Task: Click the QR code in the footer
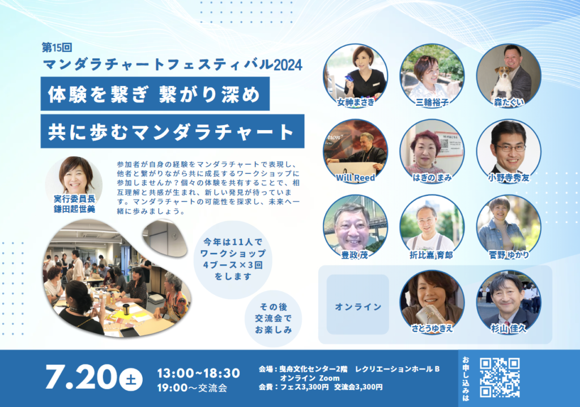pyautogui.click(x=500, y=378)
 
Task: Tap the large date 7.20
pyautogui.click(x=81, y=377)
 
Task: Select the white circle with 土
pyautogui.click(x=131, y=379)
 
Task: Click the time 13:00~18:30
pyautogui.click(x=199, y=373)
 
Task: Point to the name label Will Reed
pyautogui.click(x=356, y=178)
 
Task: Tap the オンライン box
pyautogui.click(x=358, y=304)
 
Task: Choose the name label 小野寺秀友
pyautogui.click(x=509, y=178)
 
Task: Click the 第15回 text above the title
pyautogui.click(x=57, y=48)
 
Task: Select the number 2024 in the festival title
pyautogui.click(x=288, y=65)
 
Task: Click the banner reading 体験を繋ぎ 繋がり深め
pyautogui.click(x=155, y=93)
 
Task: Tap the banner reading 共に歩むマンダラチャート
pyautogui.click(x=172, y=131)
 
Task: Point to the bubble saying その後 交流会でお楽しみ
pyautogui.click(x=274, y=318)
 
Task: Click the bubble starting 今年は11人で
pyautogui.click(x=233, y=259)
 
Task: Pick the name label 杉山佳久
pyautogui.click(x=509, y=329)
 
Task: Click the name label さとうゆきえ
pyautogui.click(x=432, y=329)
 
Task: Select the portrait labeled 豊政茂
pyautogui.click(x=356, y=226)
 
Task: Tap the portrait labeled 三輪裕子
pyautogui.click(x=432, y=76)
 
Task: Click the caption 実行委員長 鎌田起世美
pyautogui.click(x=74, y=204)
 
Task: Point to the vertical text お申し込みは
pyautogui.click(x=466, y=379)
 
